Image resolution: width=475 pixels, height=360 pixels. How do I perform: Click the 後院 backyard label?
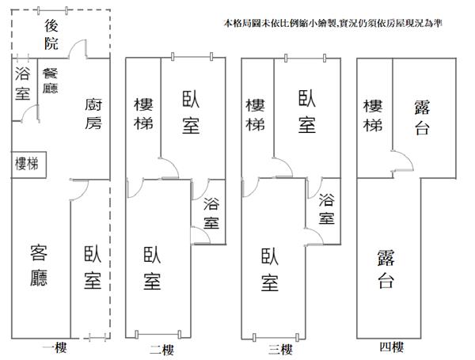[51, 34]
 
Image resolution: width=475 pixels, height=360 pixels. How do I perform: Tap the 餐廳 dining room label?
[50, 81]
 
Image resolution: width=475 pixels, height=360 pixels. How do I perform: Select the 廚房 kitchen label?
[93, 114]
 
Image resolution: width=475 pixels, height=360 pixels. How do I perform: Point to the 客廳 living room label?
[39, 266]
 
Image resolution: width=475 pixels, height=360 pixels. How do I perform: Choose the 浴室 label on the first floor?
[22, 84]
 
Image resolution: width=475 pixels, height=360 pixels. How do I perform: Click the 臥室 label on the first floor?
[93, 267]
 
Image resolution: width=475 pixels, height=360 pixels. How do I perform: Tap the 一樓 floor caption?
[55, 347]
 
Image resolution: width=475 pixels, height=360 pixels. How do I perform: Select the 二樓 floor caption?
[161, 350]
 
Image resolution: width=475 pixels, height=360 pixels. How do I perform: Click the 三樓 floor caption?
[280, 350]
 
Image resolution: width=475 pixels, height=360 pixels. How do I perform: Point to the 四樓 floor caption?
[392, 347]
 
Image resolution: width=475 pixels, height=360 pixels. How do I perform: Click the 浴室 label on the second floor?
[211, 213]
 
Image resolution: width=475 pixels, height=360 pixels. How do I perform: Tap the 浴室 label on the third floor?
[326, 209]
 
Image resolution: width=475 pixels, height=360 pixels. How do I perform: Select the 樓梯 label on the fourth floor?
[373, 116]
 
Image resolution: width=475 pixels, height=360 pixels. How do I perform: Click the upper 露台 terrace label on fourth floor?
[422, 117]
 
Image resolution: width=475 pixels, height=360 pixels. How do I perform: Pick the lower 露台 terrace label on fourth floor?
[386, 268]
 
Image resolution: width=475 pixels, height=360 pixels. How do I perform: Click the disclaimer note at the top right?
[333, 23]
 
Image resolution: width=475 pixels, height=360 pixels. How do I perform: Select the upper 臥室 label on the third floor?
[307, 112]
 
